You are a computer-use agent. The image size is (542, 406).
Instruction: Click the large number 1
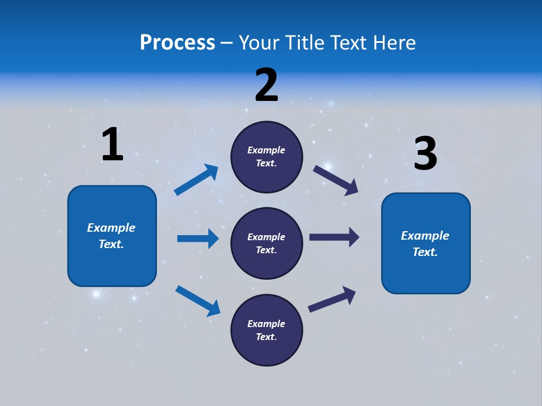pyautogui.click(x=112, y=145)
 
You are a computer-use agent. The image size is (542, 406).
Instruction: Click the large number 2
pyautogui.click(x=266, y=86)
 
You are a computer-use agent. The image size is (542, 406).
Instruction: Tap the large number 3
pyautogui.click(x=425, y=154)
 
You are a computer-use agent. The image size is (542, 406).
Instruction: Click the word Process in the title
pyautogui.click(x=177, y=43)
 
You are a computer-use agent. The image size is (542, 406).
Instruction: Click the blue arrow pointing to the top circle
pyautogui.click(x=196, y=180)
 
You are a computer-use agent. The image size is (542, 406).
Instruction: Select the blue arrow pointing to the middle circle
pyautogui.click(x=198, y=239)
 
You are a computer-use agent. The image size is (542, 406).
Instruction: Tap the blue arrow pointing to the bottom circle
pyautogui.click(x=198, y=300)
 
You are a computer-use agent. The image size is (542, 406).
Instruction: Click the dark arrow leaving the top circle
pyautogui.click(x=336, y=180)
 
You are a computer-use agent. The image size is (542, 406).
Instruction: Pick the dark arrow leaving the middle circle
pyautogui.click(x=334, y=237)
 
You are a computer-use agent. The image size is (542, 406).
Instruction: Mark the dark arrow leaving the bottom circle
pyautogui.click(x=332, y=299)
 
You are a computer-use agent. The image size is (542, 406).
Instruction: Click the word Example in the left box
pyautogui.click(x=111, y=228)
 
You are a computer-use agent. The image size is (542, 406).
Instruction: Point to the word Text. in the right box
pyautogui.click(x=425, y=252)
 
